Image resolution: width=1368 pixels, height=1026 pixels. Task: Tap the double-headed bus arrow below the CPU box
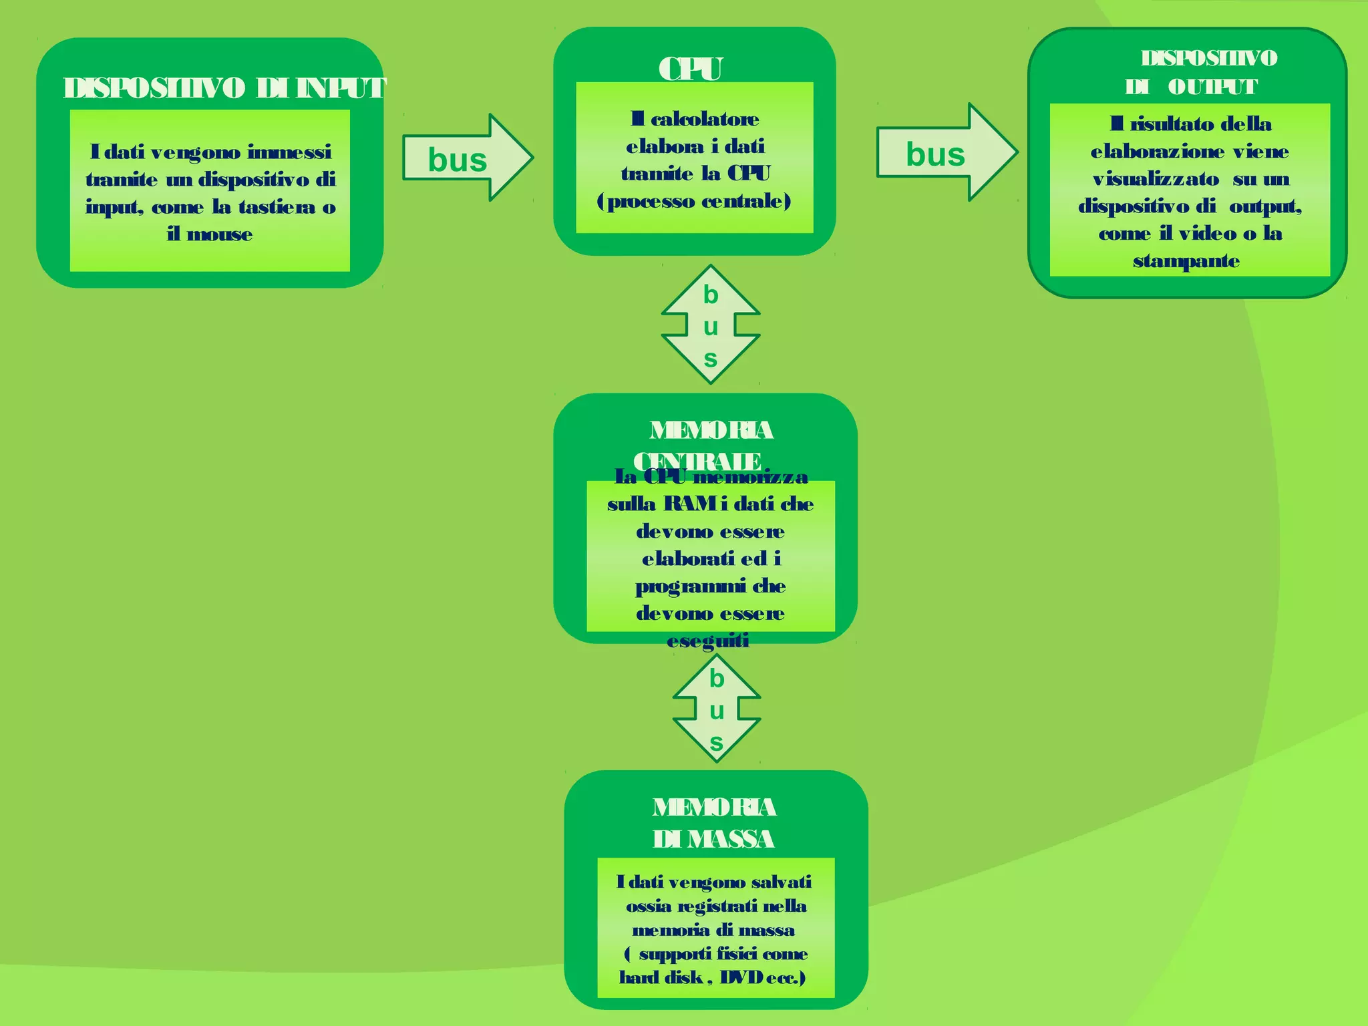pyautogui.click(x=711, y=325)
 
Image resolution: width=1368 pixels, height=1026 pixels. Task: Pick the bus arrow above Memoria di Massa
pyautogui.click(x=716, y=709)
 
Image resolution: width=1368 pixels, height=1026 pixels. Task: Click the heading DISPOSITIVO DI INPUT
pyautogui.click(x=224, y=88)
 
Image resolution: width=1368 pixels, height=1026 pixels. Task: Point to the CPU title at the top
pyautogui.click(x=691, y=69)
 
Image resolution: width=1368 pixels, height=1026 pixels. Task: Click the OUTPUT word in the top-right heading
pyautogui.click(x=1212, y=87)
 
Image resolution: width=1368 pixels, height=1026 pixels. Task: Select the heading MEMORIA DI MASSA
pyautogui.click(x=714, y=822)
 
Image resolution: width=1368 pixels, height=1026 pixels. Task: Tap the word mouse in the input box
pyautogui.click(x=220, y=234)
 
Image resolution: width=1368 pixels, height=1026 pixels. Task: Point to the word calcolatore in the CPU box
pyautogui.click(x=705, y=120)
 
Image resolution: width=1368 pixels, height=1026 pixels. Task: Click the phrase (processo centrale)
pyautogui.click(x=694, y=201)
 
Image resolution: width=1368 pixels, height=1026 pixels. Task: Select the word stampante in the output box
pyautogui.click(x=1186, y=261)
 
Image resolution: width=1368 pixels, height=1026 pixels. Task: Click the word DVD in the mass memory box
pyautogui.click(x=741, y=978)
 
